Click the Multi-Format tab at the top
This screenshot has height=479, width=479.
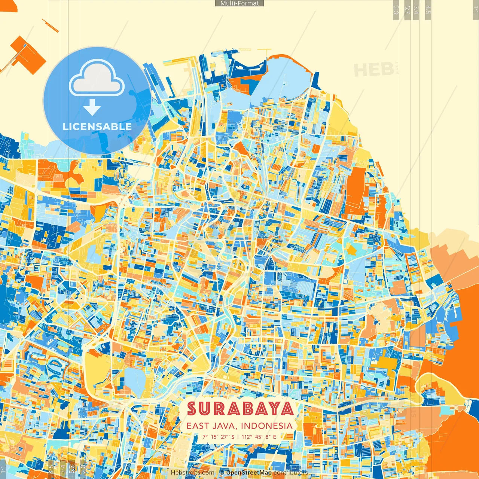click(239, 3)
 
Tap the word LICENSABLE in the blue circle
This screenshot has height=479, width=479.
click(97, 126)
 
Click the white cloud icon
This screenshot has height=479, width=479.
click(97, 79)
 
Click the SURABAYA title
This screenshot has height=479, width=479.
click(240, 409)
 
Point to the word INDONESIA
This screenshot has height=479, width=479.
click(267, 426)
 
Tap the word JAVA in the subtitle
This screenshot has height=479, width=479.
click(224, 426)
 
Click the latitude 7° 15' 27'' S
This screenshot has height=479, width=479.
click(219, 437)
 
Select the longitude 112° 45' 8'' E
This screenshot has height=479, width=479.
click(259, 437)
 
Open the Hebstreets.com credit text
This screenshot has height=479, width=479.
click(192, 473)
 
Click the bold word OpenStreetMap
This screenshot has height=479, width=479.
click(248, 473)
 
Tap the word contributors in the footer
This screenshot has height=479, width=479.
click(290, 473)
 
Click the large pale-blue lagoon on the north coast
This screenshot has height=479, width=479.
click(284, 80)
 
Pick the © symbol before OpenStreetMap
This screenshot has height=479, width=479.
click(222, 473)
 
